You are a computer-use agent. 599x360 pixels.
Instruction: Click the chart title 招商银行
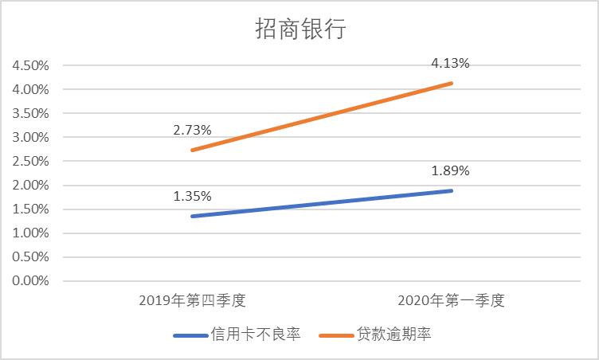click(300, 29)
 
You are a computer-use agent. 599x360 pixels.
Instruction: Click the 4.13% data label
click(451, 64)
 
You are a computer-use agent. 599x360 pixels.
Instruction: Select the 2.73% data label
click(192, 129)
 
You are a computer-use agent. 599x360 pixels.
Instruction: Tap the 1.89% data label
click(451, 170)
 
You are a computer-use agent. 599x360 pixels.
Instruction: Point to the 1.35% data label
click(192, 196)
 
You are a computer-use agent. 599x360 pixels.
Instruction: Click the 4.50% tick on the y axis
click(31, 65)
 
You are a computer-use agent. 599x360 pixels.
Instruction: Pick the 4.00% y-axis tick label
click(31, 89)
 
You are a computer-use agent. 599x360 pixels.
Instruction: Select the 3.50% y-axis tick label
click(31, 113)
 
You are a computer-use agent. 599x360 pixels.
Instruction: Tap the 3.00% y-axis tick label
click(31, 137)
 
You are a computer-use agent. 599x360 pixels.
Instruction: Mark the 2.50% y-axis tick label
click(31, 161)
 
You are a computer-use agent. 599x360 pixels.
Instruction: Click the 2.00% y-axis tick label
click(31, 186)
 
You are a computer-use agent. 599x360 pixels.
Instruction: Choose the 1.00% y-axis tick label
click(31, 233)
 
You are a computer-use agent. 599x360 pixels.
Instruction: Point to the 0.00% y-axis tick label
click(31, 281)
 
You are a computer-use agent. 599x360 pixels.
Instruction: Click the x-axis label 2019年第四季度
click(192, 301)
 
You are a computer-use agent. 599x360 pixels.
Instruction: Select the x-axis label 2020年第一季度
click(451, 301)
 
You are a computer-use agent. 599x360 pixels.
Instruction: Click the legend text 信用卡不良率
click(255, 335)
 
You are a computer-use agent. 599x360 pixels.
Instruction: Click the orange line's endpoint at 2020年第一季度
click(452, 83)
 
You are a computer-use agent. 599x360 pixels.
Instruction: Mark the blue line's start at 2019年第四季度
click(192, 216)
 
